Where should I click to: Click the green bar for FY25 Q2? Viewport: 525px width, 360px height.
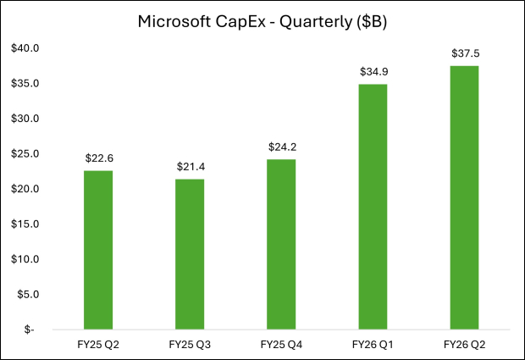tap(99, 250)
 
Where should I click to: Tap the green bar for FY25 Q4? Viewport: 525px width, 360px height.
tap(282, 244)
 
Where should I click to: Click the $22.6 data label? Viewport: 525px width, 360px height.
tap(99, 158)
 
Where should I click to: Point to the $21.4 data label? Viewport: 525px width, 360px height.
tap(191, 166)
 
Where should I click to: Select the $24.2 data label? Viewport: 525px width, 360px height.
tap(282, 147)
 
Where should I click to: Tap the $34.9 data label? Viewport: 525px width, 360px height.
tap(373, 71)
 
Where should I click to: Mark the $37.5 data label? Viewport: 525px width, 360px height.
tap(465, 53)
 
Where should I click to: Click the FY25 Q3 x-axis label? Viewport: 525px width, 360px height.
tap(191, 345)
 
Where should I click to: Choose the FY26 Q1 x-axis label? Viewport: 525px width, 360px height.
tap(373, 345)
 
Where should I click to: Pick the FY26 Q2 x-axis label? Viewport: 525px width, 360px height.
tap(465, 345)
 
